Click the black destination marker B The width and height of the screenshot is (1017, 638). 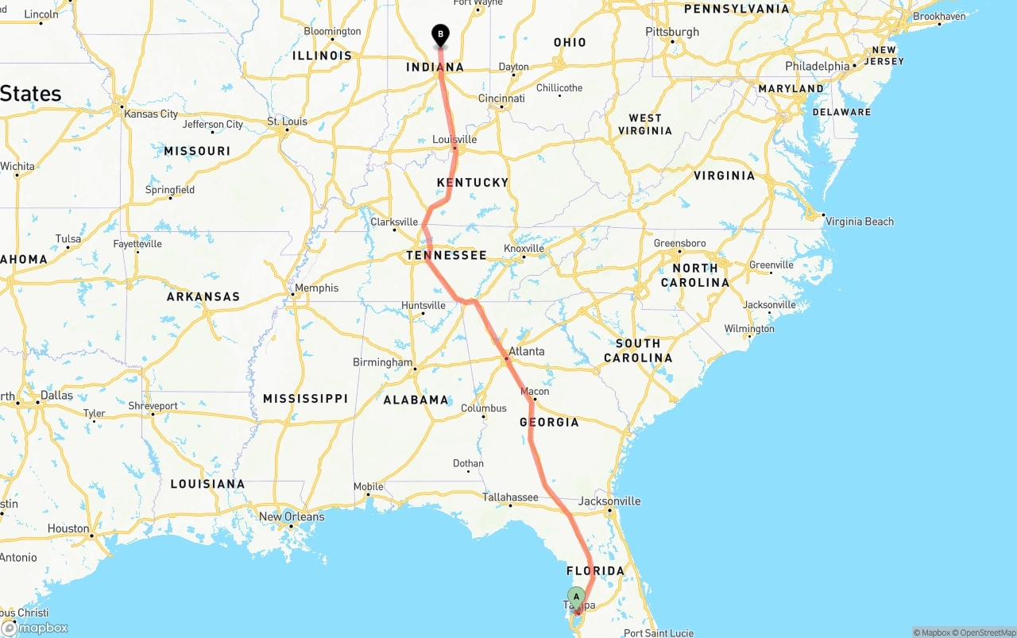click(440, 35)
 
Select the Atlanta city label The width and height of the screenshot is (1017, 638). click(527, 351)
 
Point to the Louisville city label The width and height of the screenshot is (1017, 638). click(454, 140)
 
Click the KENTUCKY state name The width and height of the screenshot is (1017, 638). click(472, 183)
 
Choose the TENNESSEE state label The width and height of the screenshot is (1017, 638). click(446, 255)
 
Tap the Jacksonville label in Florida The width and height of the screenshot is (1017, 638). click(609, 501)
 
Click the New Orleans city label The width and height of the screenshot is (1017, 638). click(292, 516)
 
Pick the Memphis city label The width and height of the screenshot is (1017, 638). click(317, 288)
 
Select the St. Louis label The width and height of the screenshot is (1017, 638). click(287, 122)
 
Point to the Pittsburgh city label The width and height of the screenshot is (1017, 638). click(672, 32)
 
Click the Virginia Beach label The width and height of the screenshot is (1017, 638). click(860, 222)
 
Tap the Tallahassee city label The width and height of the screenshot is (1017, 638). click(510, 497)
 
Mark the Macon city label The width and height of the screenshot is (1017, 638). click(535, 392)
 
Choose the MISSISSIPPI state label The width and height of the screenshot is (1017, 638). click(306, 398)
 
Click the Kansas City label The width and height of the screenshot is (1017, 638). click(151, 114)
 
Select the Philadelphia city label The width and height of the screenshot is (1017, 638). click(818, 66)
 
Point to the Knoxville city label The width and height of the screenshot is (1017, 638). click(524, 249)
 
